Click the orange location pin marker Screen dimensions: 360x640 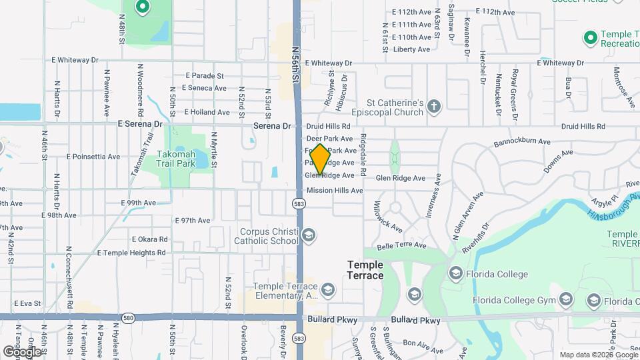[x=320, y=159]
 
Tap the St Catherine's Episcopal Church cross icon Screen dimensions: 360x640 [x=434, y=107]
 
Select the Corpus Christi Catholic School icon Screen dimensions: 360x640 [x=308, y=235]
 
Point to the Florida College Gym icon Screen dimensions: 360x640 [x=566, y=299]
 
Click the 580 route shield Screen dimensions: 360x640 [x=129, y=318]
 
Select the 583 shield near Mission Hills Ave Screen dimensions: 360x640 [x=299, y=203]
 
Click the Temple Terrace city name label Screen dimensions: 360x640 [x=365, y=270]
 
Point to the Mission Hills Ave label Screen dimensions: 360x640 [x=335, y=191]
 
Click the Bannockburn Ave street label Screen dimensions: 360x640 [x=522, y=142]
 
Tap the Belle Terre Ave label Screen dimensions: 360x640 [x=401, y=245]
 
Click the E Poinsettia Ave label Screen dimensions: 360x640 [x=93, y=157]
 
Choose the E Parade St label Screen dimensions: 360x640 [x=205, y=76]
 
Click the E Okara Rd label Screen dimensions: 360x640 [x=149, y=239]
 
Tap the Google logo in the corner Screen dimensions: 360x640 [x=22, y=351]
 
